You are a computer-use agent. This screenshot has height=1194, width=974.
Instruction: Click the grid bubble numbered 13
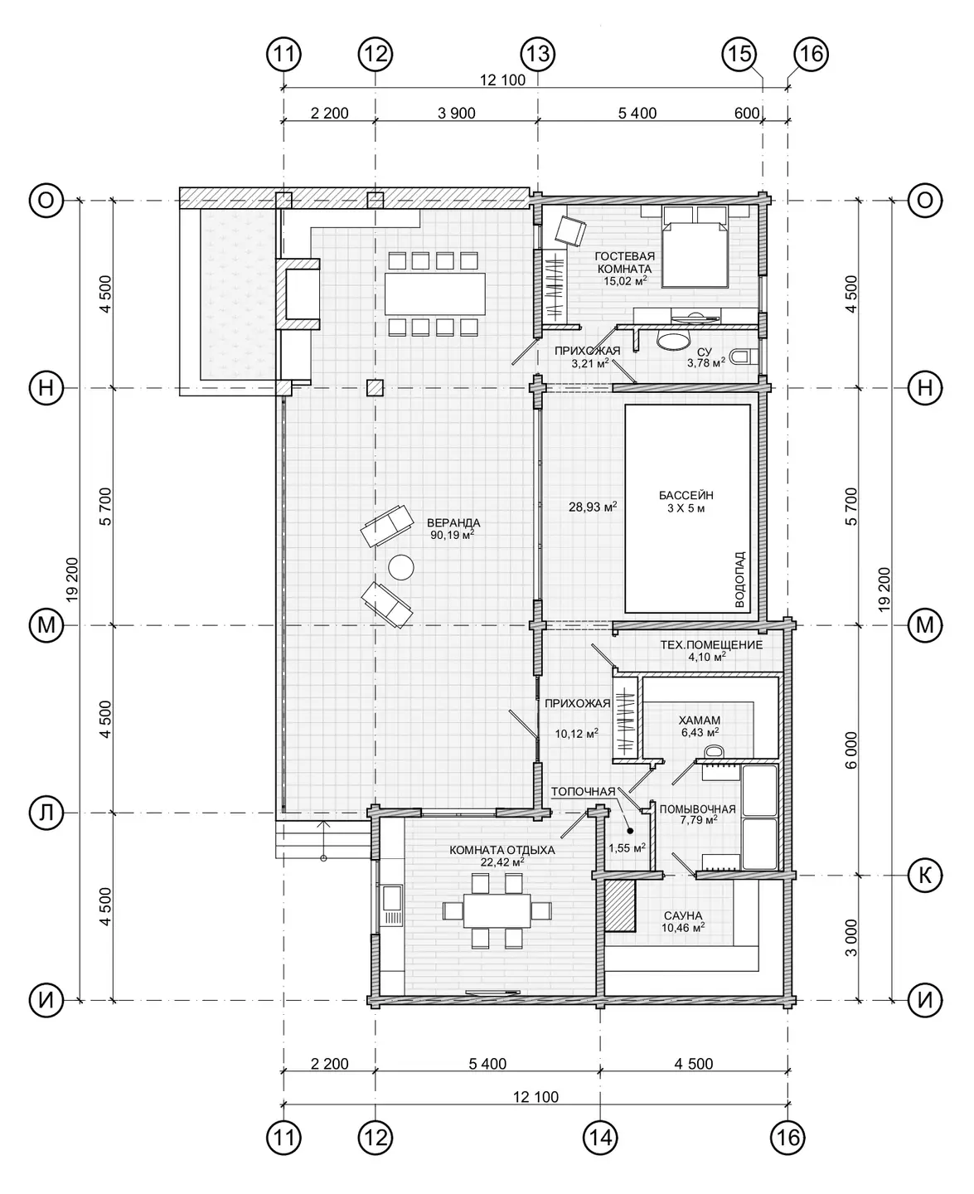coord(537,55)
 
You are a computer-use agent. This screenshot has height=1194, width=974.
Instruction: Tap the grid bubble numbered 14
coord(600,1137)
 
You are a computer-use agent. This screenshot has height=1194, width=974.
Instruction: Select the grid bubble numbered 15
coord(739,55)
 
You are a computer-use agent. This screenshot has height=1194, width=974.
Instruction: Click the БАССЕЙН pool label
coord(686,495)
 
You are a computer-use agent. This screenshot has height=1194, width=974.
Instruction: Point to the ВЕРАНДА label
coord(453,522)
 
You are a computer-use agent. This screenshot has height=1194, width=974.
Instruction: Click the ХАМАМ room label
coord(700,721)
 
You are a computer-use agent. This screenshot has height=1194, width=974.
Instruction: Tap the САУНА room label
coord(683,915)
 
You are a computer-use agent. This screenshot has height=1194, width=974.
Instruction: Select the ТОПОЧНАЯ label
coord(583,792)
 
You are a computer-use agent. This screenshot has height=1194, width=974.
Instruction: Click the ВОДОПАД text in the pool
coord(739,580)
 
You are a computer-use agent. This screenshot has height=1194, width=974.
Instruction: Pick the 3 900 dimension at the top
coord(456,114)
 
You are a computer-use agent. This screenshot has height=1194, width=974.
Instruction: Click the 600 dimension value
coord(747,114)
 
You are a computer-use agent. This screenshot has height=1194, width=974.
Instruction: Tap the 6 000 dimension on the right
coord(851,750)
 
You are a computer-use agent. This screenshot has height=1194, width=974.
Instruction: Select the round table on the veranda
coord(400,566)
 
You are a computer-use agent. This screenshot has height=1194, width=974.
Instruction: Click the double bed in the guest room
coord(695,247)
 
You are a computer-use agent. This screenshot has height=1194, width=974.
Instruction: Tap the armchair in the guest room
coord(570,231)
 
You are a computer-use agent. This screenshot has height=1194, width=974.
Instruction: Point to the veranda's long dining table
coord(434,294)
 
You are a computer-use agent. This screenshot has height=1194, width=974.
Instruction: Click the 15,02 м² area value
coord(624,281)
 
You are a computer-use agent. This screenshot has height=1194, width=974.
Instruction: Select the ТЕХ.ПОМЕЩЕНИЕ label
coord(711,645)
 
